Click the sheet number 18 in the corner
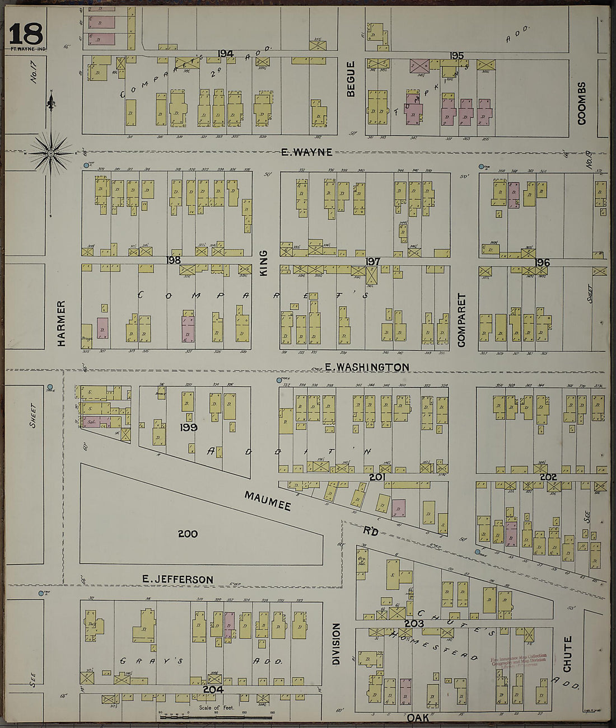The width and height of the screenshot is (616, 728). click(x=26, y=34)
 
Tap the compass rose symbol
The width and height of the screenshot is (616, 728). click(x=51, y=152)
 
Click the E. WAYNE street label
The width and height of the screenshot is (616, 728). click(x=306, y=152)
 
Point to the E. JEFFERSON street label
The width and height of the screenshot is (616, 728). click(x=177, y=580)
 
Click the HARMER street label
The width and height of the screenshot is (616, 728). click(x=62, y=323)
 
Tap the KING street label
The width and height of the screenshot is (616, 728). click(x=264, y=262)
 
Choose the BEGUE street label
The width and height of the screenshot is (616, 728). click(x=351, y=79)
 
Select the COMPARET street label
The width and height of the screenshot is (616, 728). click(x=462, y=320)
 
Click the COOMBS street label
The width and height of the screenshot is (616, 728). click(x=582, y=103)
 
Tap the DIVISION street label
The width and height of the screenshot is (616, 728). click(x=336, y=644)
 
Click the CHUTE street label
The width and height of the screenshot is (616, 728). click(x=567, y=654)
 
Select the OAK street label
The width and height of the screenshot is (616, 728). click(x=418, y=717)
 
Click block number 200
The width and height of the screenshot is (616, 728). click(x=188, y=534)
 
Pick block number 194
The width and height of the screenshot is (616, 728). click(x=226, y=54)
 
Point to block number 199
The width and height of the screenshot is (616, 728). click(x=189, y=428)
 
